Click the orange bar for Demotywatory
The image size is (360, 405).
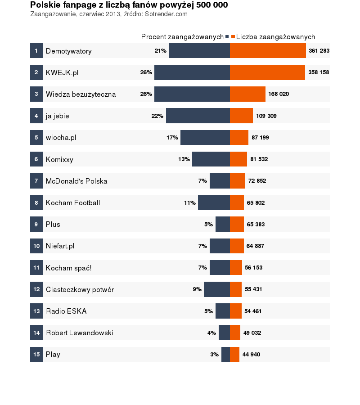pos(268,51)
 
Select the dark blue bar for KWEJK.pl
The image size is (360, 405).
pos(192,72)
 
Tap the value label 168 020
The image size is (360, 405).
pos(279,94)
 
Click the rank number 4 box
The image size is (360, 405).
pos(36,116)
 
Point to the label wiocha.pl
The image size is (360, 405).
pos(61,138)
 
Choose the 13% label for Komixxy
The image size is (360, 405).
pos(184,159)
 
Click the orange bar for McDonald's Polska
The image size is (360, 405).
pos(238,181)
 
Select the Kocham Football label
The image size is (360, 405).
pos(73,203)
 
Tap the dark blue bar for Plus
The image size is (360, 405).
pos(223,224)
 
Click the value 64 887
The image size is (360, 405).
pos(256,246)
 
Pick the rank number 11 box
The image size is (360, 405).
pos(36,268)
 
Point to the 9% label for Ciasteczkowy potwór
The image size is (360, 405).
pos(197,289)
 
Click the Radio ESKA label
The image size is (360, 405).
pos(66,311)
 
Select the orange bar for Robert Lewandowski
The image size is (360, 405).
pos(235,333)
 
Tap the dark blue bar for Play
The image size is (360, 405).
pos(225,355)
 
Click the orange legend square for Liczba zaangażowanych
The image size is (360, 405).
pos(233,37)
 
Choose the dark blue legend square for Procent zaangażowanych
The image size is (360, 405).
pos(227,37)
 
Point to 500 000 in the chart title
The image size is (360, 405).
pos(211,5)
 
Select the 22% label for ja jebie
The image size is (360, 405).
pos(157,116)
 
